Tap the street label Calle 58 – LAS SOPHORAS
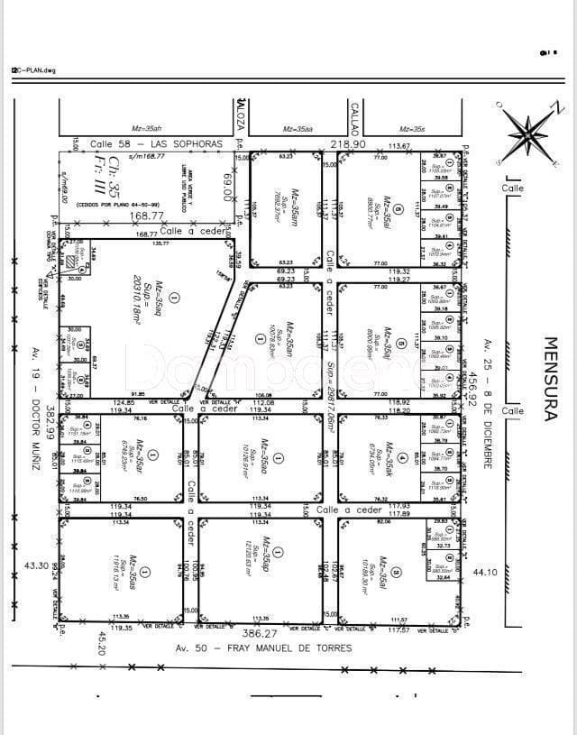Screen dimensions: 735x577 coord(155,144)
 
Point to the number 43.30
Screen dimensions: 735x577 coord(35,565)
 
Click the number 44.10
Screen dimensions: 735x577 coord(485,571)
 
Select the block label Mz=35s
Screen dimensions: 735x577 coord(412,129)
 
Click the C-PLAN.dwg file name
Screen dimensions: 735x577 coord(33,69)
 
